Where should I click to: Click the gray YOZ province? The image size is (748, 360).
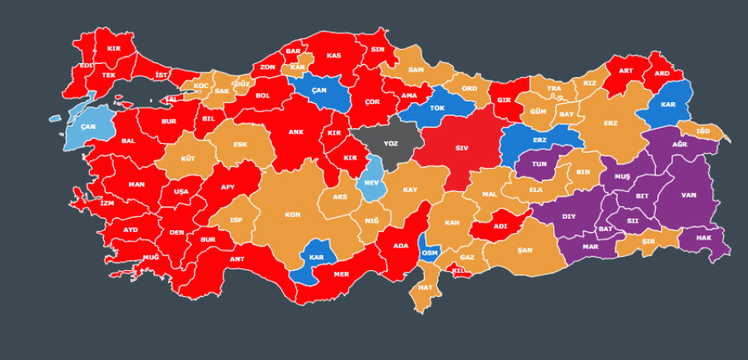(390, 144)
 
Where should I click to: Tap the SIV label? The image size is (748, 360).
(461, 148)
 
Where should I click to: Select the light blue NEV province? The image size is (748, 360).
(372, 184)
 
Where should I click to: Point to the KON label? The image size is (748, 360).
(292, 215)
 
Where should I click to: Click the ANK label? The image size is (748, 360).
(296, 131)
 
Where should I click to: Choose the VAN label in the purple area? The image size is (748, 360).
(688, 195)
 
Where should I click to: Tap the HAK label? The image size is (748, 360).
(703, 238)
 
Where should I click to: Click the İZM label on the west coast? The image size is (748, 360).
(106, 202)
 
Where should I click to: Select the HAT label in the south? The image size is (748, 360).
(425, 288)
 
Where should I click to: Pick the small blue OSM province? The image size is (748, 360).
(430, 252)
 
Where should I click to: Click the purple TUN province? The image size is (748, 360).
(539, 164)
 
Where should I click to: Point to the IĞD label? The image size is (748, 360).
(702, 131)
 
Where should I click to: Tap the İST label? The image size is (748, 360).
(161, 75)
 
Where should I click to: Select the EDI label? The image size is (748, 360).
(86, 65)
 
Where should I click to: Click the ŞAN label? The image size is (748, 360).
(524, 249)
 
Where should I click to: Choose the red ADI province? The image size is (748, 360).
(500, 225)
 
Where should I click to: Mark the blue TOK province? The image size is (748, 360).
(436, 107)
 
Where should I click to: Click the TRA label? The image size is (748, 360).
(554, 89)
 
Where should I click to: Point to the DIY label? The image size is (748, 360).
(568, 216)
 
